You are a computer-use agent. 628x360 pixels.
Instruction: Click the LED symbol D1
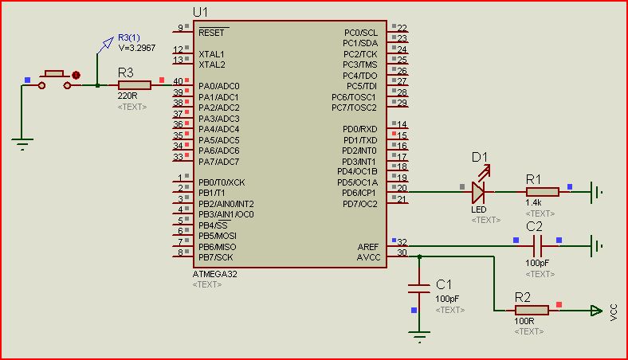478,191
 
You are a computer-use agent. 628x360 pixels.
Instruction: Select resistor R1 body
542,191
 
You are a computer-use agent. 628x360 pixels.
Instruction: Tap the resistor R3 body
133,84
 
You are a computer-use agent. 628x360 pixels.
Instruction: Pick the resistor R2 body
532,310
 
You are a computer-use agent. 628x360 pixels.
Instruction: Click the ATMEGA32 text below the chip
214,273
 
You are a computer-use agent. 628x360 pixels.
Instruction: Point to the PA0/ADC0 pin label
218,86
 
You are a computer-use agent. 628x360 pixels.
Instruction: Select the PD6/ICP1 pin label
359,193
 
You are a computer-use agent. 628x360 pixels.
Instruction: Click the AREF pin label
368,247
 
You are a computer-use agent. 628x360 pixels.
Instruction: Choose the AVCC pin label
368,257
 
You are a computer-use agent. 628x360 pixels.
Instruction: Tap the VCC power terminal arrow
595,311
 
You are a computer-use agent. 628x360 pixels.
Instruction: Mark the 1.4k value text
533,203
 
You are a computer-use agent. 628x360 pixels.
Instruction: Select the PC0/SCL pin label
360,33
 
